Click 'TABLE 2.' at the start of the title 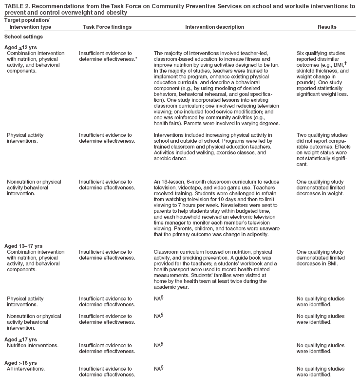pyautogui.click(x=16, y=6)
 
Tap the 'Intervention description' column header pyautogui.click(x=212, y=27)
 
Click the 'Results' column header pyautogui.click(x=327, y=27)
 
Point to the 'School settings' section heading pyautogui.click(x=22, y=37)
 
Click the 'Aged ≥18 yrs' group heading pyautogui.click(x=20, y=363)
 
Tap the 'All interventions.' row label pyautogui.click(x=26, y=369)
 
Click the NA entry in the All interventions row pyautogui.click(x=157, y=369)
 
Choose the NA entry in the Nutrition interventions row pyautogui.click(x=157, y=345)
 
